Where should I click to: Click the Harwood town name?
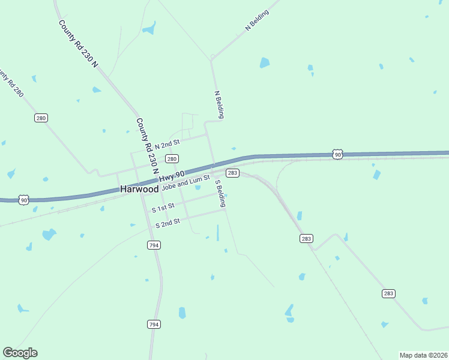point(139,188)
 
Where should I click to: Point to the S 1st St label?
point(163,208)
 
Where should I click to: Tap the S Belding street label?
point(220,193)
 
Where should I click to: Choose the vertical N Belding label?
point(219,104)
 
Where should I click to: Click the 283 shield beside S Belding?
point(234,173)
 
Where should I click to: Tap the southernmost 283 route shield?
point(388,293)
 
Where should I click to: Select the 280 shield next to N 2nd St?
point(172,159)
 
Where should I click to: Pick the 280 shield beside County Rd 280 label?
point(41,118)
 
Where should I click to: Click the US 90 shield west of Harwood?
point(23,199)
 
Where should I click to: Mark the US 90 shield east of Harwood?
point(337,155)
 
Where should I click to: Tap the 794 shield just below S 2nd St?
point(154,245)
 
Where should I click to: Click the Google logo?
point(20,353)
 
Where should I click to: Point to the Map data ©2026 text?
point(423,355)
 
